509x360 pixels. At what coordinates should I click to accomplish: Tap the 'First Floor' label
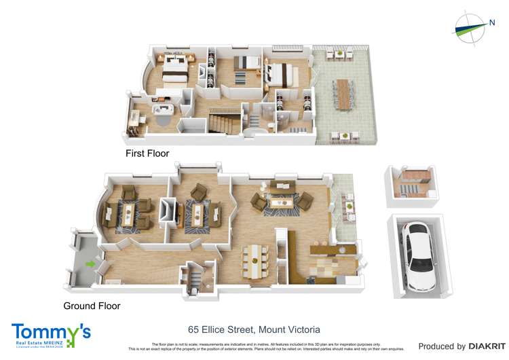147,154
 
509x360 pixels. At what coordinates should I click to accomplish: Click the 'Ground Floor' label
92,306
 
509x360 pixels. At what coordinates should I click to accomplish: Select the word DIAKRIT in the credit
483,346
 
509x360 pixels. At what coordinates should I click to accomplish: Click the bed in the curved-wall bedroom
175,69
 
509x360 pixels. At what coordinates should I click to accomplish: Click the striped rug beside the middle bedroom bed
242,78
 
